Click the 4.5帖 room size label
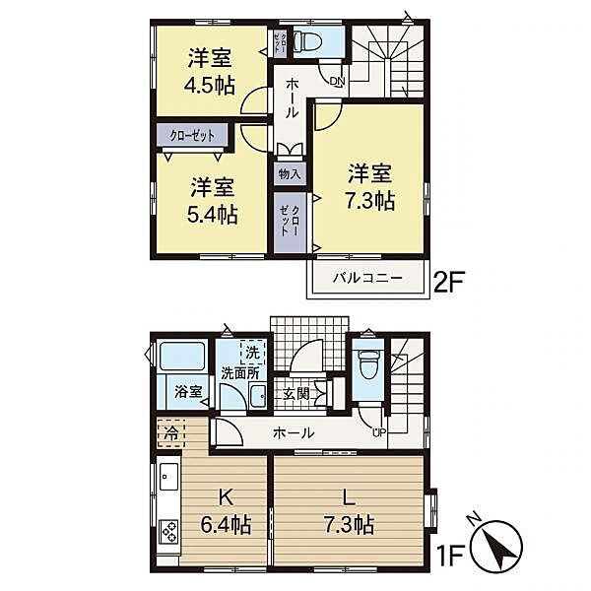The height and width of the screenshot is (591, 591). [x=210, y=85]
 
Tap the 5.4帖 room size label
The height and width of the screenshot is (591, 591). [x=213, y=215]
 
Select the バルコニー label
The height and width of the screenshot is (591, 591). [x=367, y=279]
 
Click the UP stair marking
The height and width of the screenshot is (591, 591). [x=379, y=432]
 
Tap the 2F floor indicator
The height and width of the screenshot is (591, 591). [x=449, y=282]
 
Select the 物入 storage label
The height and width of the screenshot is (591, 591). [x=290, y=174]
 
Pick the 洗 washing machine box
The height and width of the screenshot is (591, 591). [x=253, y=353]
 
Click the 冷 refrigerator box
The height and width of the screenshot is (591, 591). [x=171, y=433]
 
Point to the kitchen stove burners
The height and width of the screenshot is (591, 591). [x=169, y=532]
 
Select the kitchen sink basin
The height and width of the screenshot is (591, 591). [x=169, y=476]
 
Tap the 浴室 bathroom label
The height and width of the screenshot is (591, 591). [x=188, y=392]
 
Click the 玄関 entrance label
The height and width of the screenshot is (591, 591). [x=296, y=394]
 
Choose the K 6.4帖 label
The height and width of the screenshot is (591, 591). [x=226, y=512]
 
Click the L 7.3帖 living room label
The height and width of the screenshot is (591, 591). [x=349, y=512]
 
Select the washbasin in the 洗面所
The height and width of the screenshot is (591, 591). [x=258, y=396]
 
